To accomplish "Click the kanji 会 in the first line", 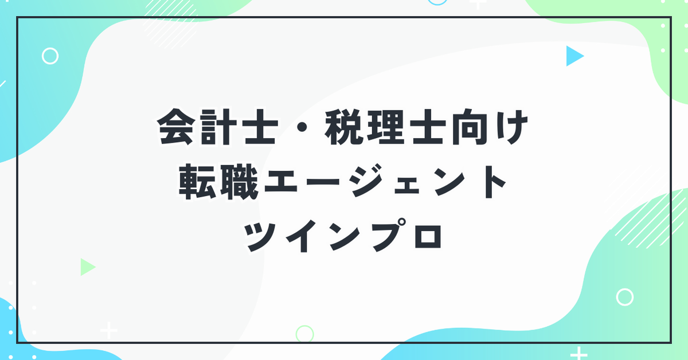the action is [176, 127].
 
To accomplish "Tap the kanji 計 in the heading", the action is [218, 127].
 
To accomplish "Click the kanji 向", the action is [470, 127].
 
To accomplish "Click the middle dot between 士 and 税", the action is [302, 127].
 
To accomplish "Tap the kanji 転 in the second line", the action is [197, 181].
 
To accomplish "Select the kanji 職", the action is [240, 181].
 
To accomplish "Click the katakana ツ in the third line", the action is [260, 237].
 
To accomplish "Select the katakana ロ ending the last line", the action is [428, 237].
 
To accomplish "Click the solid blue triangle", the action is [573, 56].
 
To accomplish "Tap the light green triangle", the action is [87, 267].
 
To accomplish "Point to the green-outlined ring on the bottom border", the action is [297, 334].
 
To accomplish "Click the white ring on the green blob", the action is [617, 297].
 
